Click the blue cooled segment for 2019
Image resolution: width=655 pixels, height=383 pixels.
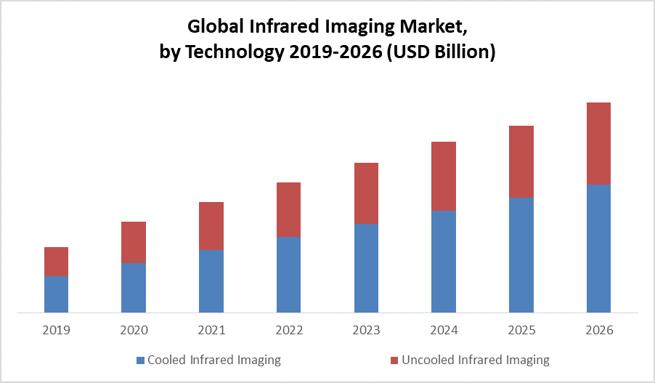pyautogui.click(x=57, y=294)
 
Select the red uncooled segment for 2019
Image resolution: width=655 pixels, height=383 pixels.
pyautogui.click(x=57, y=262)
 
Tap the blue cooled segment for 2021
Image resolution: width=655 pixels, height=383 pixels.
pyautogui.click(x=211, y=281)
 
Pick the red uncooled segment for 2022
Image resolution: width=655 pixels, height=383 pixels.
pyautogui.click(x=288, y=209)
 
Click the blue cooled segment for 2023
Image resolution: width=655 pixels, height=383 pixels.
pyautogui.click(x=366, y=268)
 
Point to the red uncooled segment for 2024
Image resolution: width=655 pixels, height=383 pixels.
pyautogui.click(x=444, y=176)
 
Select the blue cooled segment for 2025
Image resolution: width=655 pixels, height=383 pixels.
pyautogui.click(x=521, y=255)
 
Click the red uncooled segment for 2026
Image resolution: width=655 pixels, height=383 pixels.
pyautogui.click(x=598, y=143)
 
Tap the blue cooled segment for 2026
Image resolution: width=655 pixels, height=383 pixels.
pyautogui.click(x=598, y=249)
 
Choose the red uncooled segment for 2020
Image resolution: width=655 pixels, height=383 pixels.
pyautogui.click(x=134, y=242)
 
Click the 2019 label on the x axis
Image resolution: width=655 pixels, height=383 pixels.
pyautogui.click(x=57, y=330)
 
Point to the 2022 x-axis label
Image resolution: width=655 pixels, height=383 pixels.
pyautogui.click(x=288, y=330)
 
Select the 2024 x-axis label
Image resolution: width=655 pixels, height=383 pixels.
pyautogui.click(x=444, y=330)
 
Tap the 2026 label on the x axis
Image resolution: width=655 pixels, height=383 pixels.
pyautogui.click(x=598, y=330)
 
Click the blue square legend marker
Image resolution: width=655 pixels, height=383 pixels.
pyautogui.click(x=140, y=360)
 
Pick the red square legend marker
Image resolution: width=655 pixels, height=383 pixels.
pyautogui.click(x=394, y=360)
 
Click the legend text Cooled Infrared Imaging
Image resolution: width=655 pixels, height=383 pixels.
pyautogui.click(x=213, y=360)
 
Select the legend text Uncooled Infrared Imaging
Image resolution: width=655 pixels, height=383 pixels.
pyautogui.click(x=476, y=360)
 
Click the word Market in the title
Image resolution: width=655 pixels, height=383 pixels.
pyautogui.click(x=429, y=28)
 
